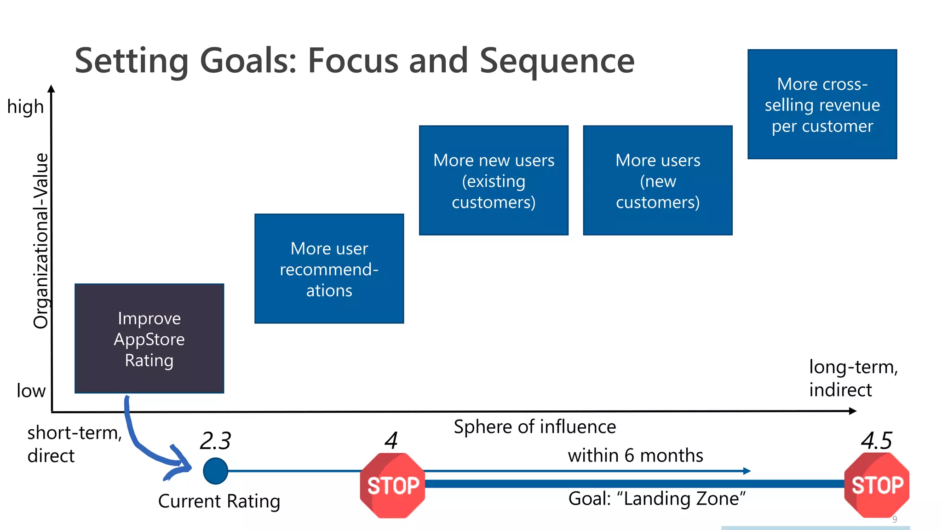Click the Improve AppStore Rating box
pyautogui.click(x=149, y=339)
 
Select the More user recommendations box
pyautogui.click(x=329, y=269)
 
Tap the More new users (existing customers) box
pyautogui.click(x=494, y=180)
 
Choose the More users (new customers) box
pyautogui.click(x=657, y=180)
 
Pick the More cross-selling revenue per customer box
pyautogui.click(x=822, y=104)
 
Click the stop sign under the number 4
pyautogui.click(x=392, y=485)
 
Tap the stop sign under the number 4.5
pyautogui.click(x=877, y=485)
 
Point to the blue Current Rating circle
pyautogui.click(x=215, y=471)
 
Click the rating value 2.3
pyautogui.click(x=215, y=441)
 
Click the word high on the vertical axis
pyautogui.click(x=25, y=107)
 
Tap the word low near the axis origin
pyautogui.click(x=31, y=391)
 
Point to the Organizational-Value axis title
pyautogui.click(x=41, y=241)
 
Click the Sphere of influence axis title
pyautogui.click(x=534, y=427)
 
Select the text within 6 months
pyautogui.click(x=635, y=455)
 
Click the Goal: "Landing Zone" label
pyautogui.click(x=657, y=499)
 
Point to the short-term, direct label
pyautogui.click(x=74, y=444)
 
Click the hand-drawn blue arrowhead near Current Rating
pyautogui.click(x=182, y=465)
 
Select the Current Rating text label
pyautogui.click(x=219, y=501)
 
